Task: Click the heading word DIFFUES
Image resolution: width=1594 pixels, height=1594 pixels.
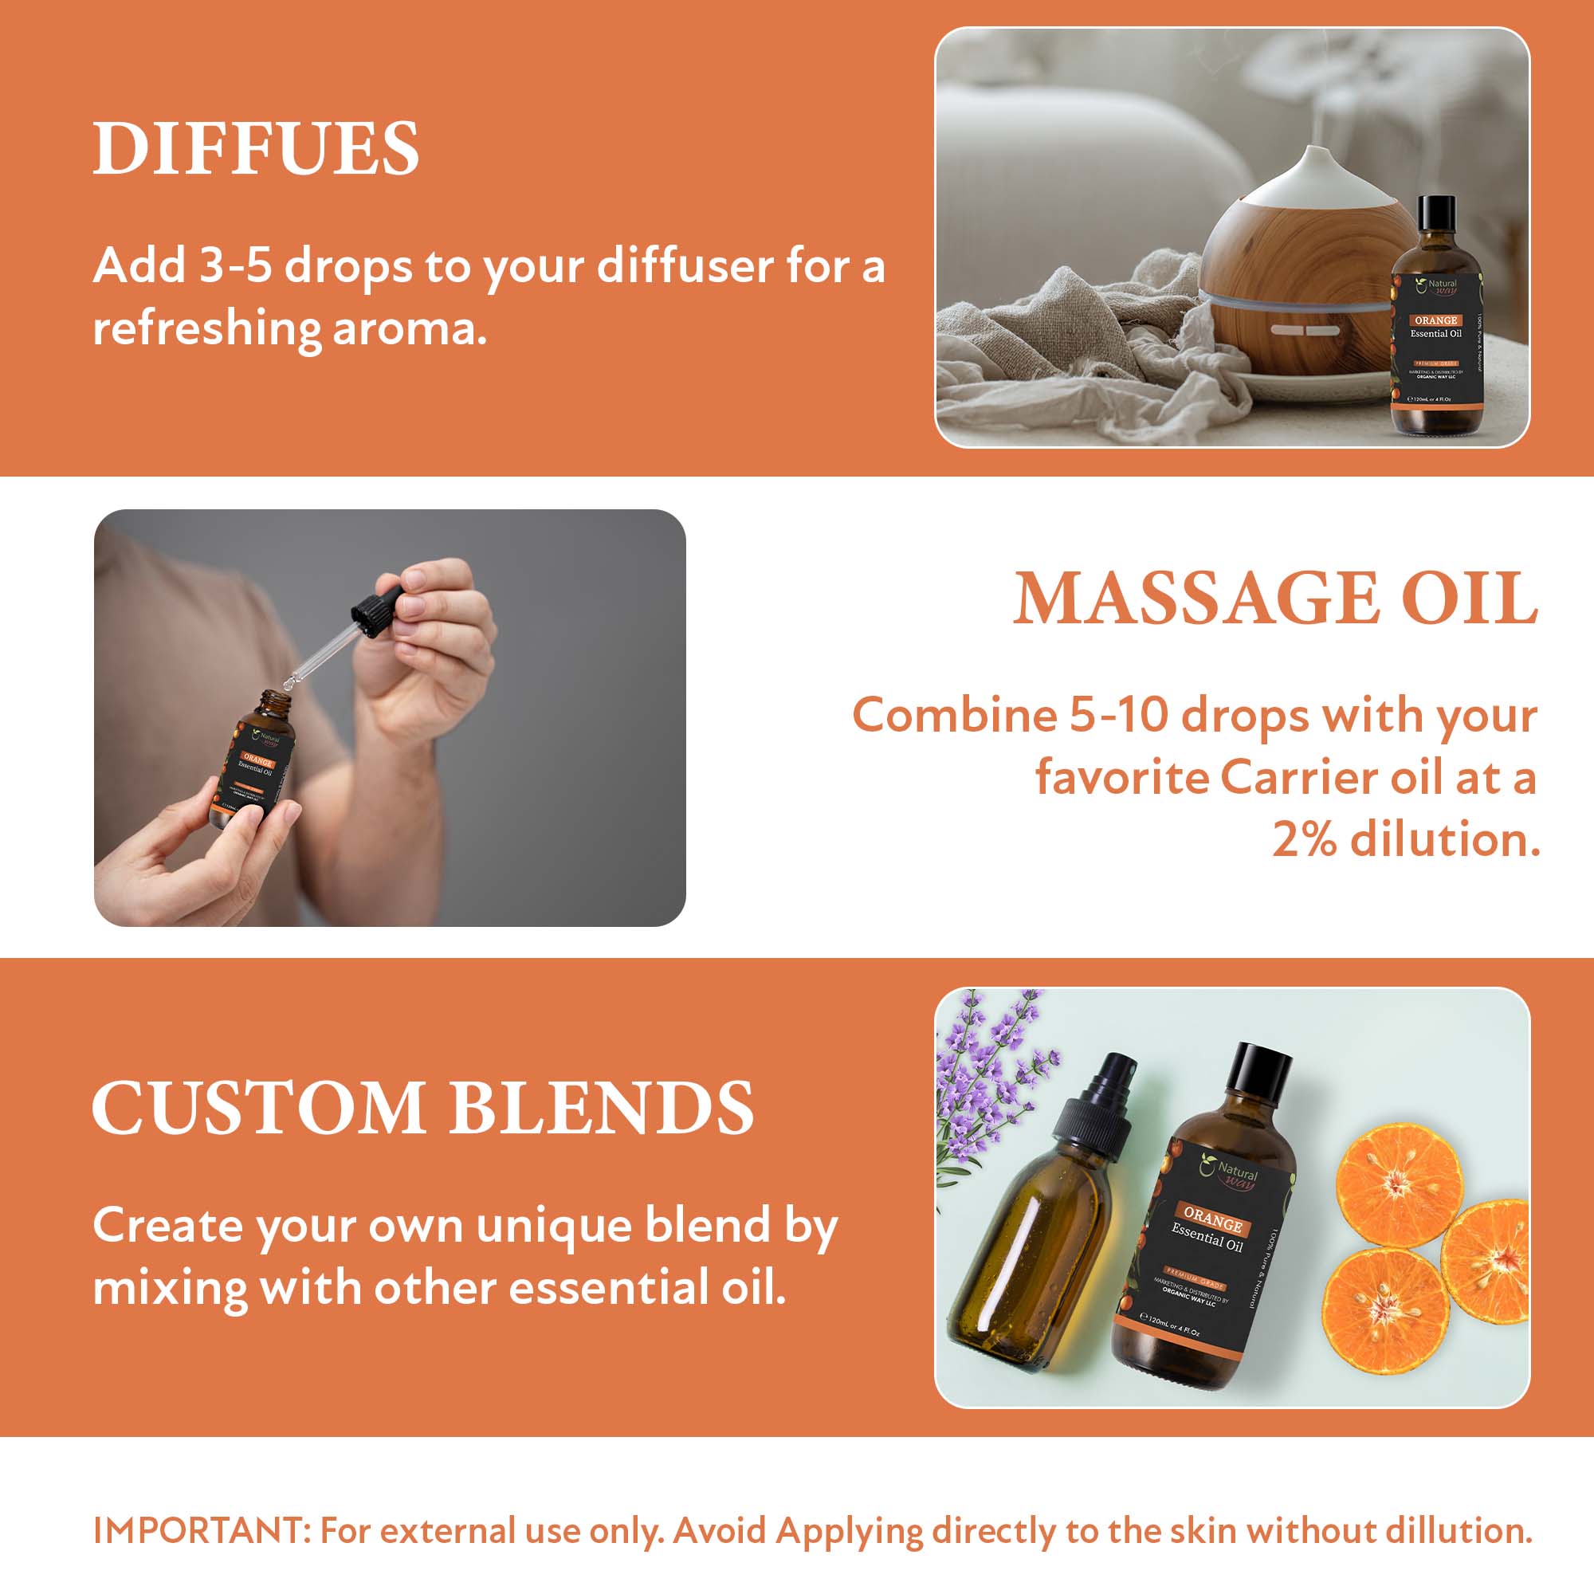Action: pyautogui.click(x=256, y=148)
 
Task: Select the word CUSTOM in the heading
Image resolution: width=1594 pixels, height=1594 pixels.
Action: pyautogui.click(x=258, y=1108)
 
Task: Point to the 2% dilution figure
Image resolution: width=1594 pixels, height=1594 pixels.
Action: pyautogui.click(x=1304, y=840)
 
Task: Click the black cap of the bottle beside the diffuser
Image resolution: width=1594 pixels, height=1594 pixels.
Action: pyautogui.click(x=1436, y=215)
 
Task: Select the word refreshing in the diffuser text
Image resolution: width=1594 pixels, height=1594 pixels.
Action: pyautogui.click(x=206, y=328)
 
